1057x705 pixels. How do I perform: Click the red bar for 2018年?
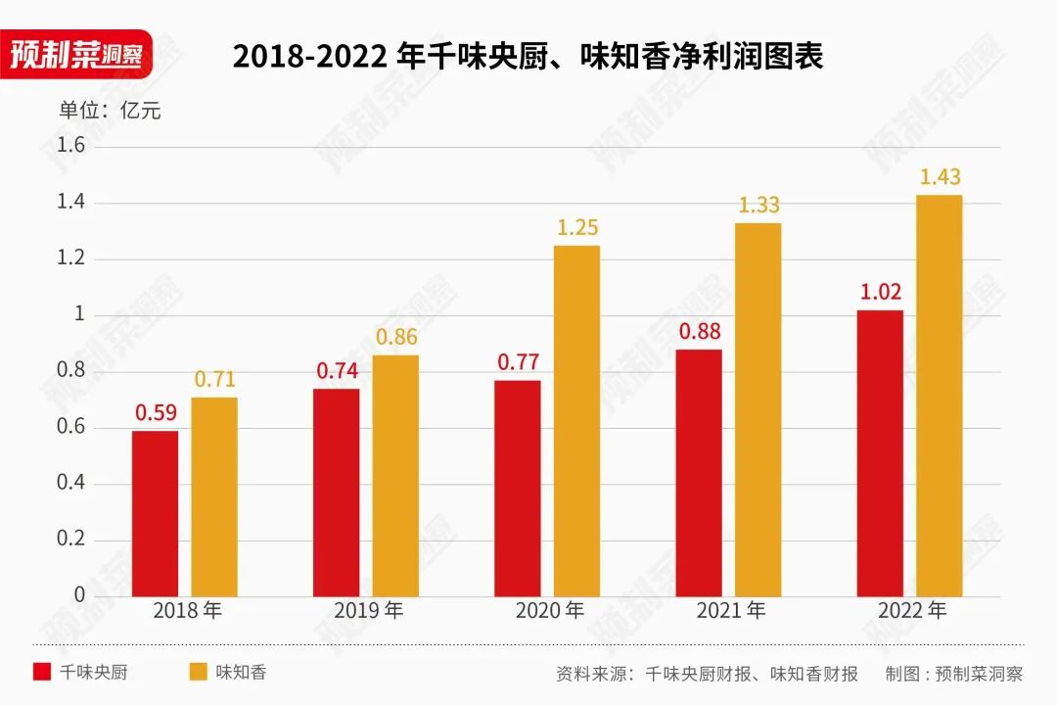point(155,513)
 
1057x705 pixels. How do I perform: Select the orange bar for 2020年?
point(576,420)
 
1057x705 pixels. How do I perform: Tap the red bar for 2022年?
point(880,452)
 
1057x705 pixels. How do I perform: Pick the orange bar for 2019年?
point(395,475)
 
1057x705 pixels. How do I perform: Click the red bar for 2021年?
point(699,472)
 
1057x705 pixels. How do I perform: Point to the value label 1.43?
point(940,177)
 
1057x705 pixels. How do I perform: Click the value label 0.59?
point(155,413)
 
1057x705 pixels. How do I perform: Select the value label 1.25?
point(576,227)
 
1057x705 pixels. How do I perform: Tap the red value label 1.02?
point(880,292)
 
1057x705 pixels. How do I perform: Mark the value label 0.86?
point(395,337)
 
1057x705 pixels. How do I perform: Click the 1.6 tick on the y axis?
point(72,146)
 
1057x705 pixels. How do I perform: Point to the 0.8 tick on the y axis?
point(72,371)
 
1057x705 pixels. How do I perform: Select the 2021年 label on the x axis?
point(730,611)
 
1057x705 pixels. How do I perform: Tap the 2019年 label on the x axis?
point(368,611)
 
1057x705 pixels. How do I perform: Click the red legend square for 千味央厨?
point(42,673)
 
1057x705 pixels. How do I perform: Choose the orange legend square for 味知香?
point(199,673)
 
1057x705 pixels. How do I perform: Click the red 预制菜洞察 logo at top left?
point(76,53)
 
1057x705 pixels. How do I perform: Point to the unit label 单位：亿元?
point(110,111)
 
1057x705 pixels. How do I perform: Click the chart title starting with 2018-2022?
point(528,56)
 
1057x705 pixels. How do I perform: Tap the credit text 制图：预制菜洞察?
point(953,674)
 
